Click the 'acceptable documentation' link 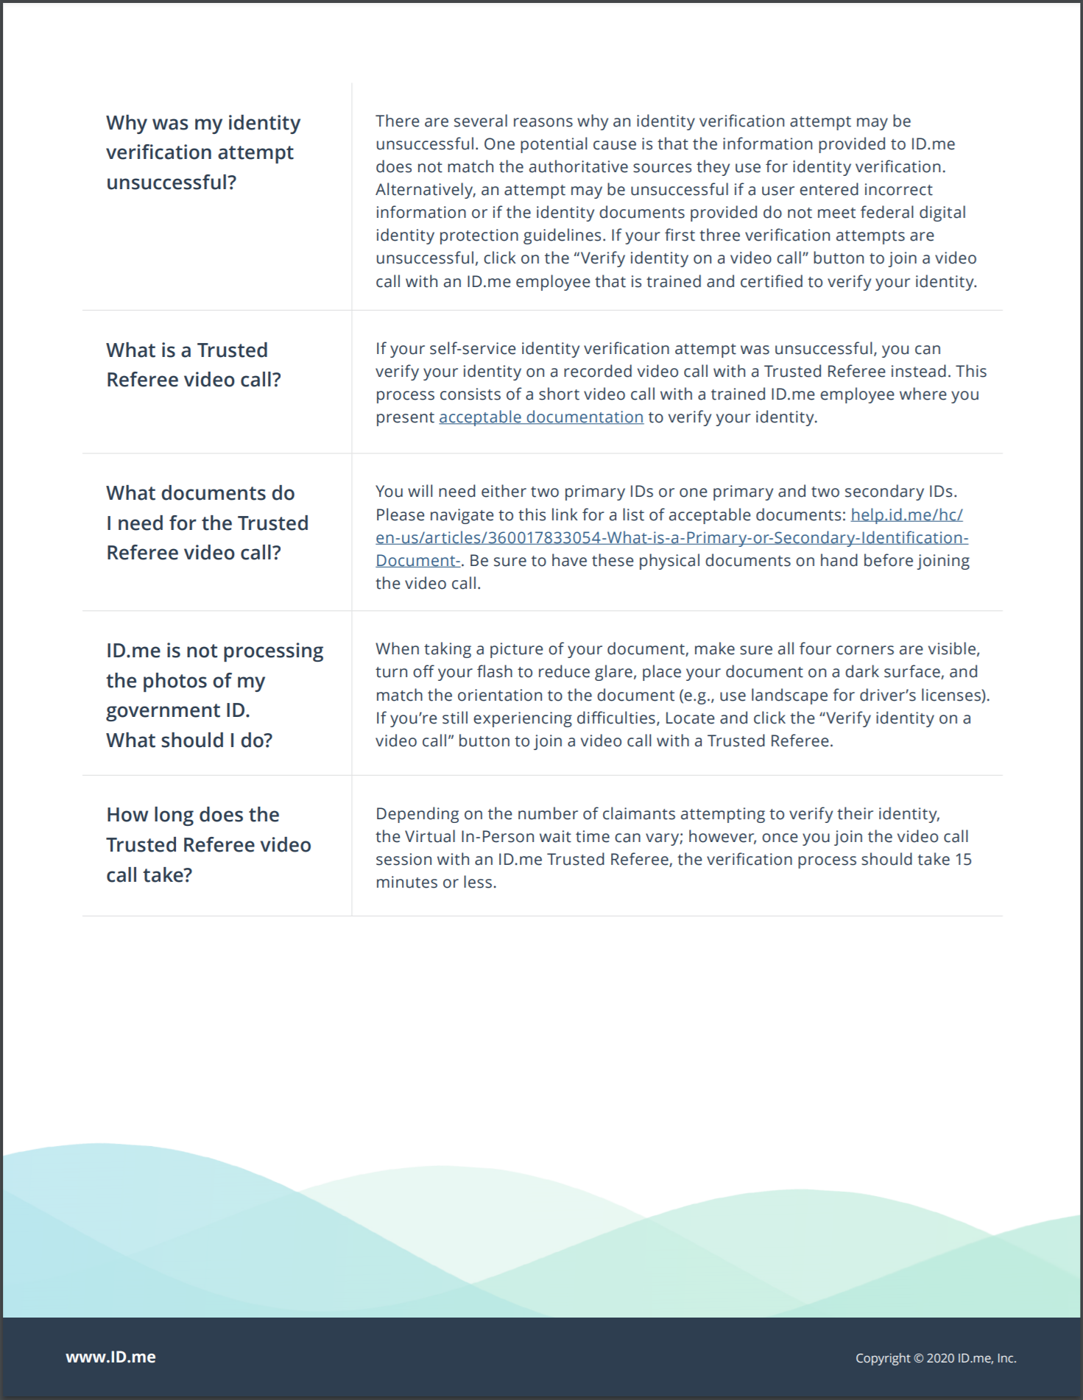click(541, 417)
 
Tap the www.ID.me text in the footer click(110, 1357)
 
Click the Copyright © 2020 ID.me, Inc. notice click(935, 1358)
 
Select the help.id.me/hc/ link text click(906, 515)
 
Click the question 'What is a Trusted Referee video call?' click(193, 365)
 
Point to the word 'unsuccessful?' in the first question click(171, 183)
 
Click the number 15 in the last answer click(963, 860)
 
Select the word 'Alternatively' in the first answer click(425, 190)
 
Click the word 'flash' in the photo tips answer click(495, 672)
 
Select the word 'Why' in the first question click(126, 123)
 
